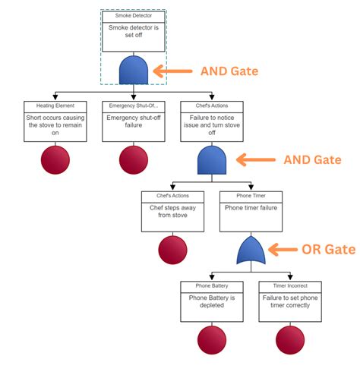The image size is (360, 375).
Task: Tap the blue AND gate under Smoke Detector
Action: tap(133, 71)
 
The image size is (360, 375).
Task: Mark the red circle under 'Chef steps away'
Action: tap(172, 249)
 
